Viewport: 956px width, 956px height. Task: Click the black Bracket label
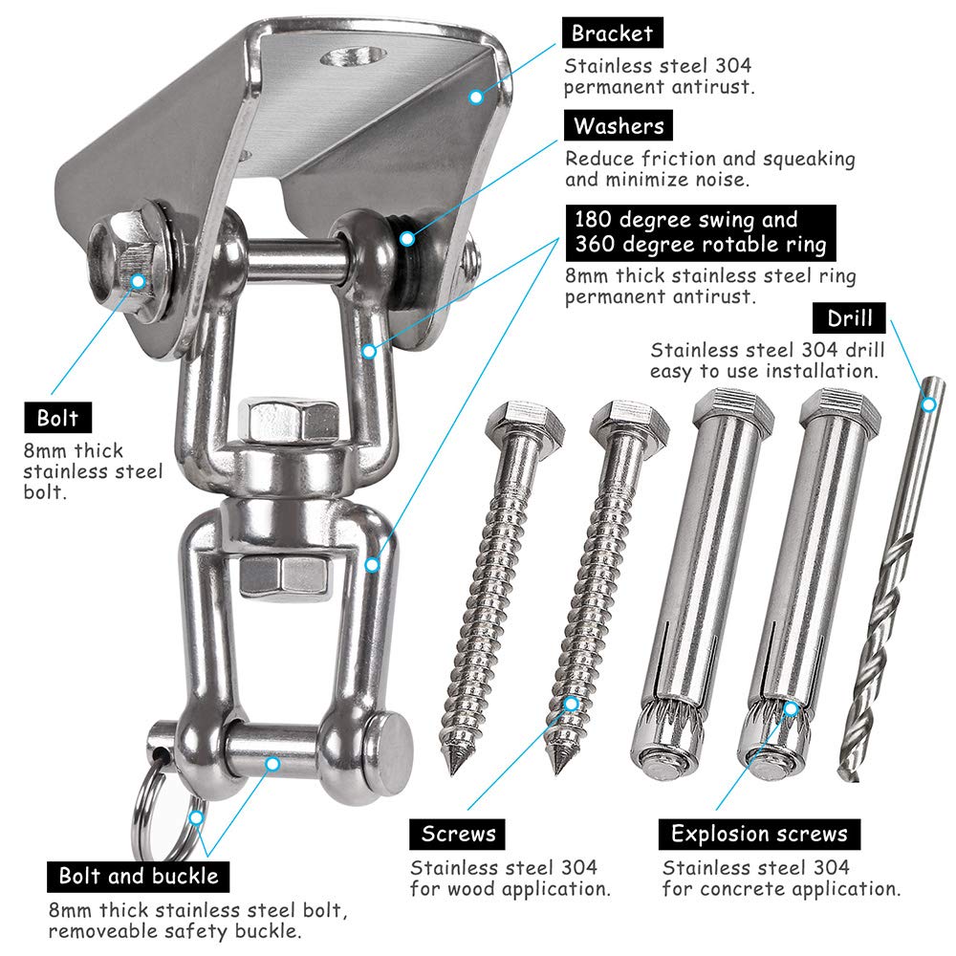click(612, 33)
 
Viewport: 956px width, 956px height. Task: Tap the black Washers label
click(619, 125)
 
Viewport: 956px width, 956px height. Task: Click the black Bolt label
click(58, 418)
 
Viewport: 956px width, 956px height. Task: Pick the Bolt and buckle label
click(139, 875)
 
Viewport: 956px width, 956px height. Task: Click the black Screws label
click(459, 834)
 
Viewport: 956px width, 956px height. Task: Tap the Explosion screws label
click(759, 834)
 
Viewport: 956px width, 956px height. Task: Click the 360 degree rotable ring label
click(700, 245)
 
